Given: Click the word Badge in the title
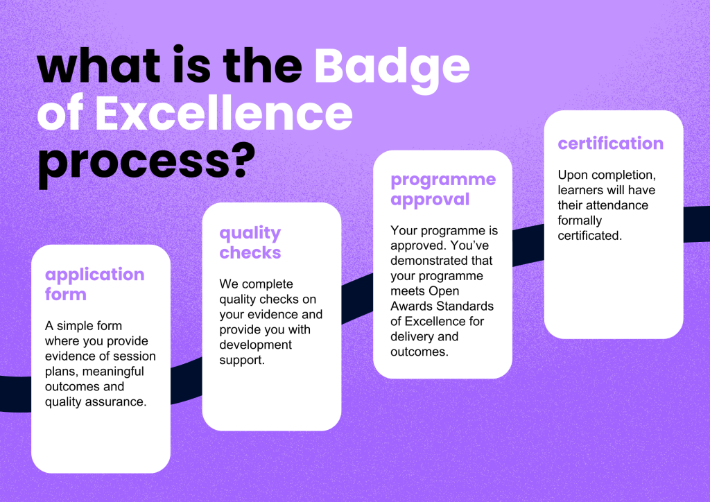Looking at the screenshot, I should pos(392,67).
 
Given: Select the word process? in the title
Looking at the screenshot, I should pos(144,162).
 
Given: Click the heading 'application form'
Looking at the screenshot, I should pos(94,284).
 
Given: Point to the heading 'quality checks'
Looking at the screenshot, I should pos(250,242).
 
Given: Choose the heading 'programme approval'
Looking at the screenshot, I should pos(443,189).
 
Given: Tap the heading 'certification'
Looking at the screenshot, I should pos(610,144).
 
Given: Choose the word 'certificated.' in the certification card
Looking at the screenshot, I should pos(589,236).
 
